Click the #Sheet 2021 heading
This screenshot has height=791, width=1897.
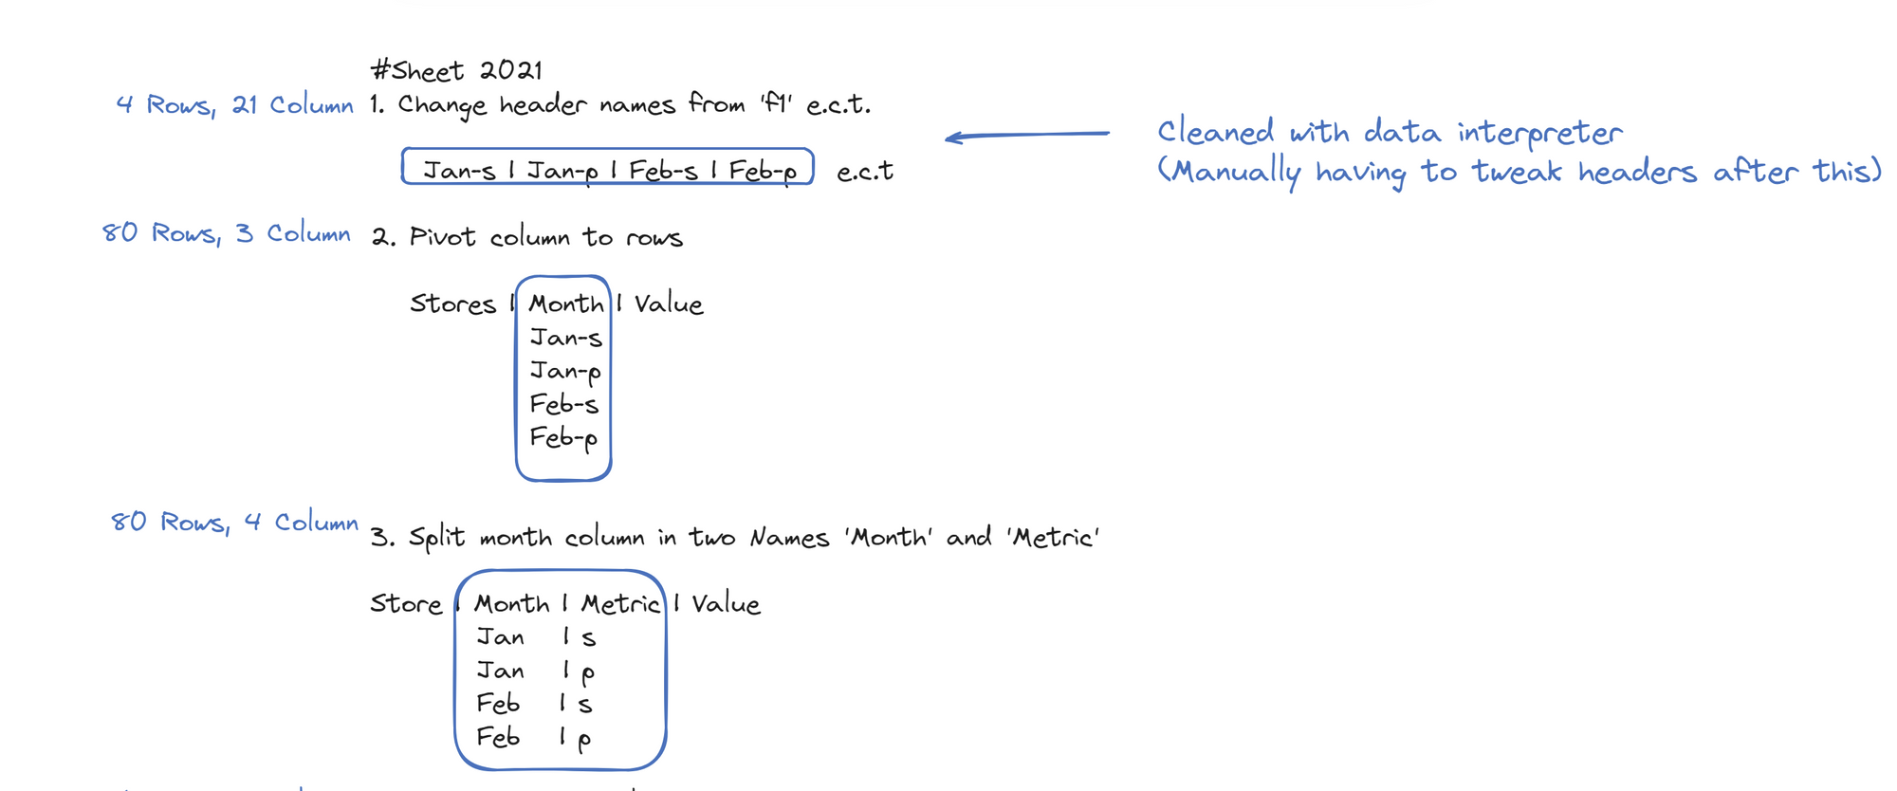tap(456, 70)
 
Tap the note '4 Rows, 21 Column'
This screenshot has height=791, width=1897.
tap(234, 104)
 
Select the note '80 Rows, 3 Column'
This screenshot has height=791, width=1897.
tap(226, 233)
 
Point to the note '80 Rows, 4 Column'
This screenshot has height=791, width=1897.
tap(234, 522)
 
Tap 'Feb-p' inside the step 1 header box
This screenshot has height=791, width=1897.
tap(763, 171)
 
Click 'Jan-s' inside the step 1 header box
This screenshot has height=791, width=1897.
tap(459, 171)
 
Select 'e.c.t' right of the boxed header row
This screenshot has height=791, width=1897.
tap(865, 172)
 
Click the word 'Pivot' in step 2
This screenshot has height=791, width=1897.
tap(442, 237)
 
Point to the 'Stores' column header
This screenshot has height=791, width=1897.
tap(452, 304)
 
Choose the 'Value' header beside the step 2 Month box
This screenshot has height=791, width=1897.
tap(669, 304)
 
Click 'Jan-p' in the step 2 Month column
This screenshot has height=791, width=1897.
tap(565, 371)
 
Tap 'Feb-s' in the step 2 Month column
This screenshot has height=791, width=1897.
tap(564, 405)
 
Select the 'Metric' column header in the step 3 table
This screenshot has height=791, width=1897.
tap(620, 604)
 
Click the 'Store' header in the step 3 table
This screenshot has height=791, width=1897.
tap(406, 604)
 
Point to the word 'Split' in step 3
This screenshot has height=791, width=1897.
tap(437, 538)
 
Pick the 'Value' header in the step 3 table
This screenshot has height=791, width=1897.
tap(726, 604)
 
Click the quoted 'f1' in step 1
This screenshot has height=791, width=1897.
tap(775, 103)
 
